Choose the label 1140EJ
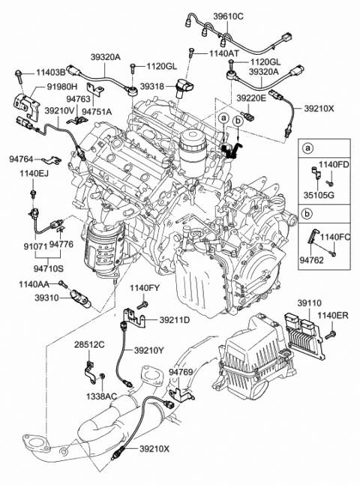pyautogui.click(x=34, y=173)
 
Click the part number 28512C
pyautogui.click(x=89, y=344)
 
